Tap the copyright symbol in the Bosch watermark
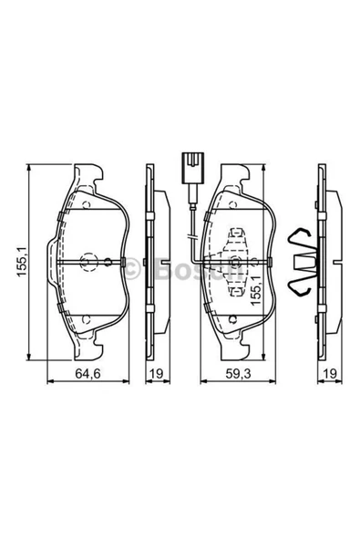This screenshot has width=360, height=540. coord(131,268)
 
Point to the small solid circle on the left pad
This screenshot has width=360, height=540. coord(108,263)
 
